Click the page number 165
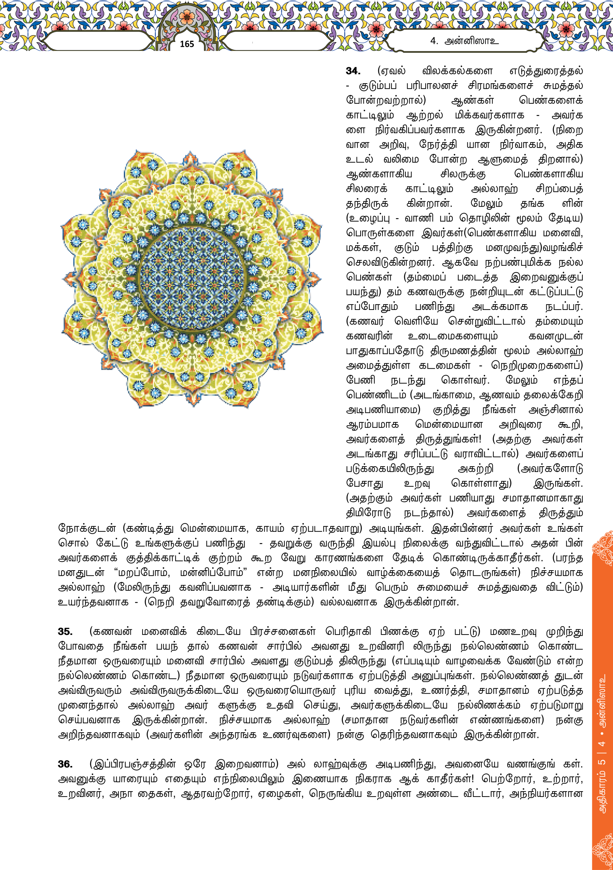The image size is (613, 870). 187,44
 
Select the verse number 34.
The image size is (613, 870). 353,71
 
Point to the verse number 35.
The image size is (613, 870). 65,631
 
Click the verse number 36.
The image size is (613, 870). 65,764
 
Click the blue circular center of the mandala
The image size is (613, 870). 192,279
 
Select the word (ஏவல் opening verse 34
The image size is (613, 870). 391,71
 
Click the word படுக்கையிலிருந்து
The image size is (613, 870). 390,469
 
